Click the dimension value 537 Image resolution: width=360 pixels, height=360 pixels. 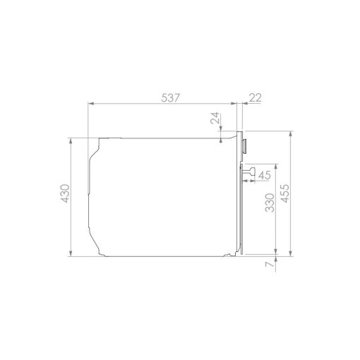click(x=171, y=98)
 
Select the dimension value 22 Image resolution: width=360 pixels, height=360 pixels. click(x=256, y=97)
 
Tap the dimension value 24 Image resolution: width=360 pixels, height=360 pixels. click(x=215, y=118)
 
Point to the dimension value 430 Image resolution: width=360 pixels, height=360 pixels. click(x=65, y=193)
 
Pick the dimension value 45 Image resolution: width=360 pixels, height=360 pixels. click(x=265, y=175)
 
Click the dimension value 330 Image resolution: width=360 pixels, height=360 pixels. click(x=270, y=203)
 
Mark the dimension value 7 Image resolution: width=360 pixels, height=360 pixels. click(x=270, y=264)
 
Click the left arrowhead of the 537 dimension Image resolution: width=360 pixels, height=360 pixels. click(x=91, y=103)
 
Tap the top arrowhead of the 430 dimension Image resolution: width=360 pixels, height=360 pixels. click(x=71, y=141)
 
